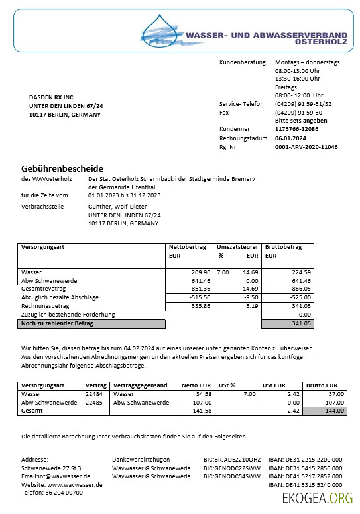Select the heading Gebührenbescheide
62,168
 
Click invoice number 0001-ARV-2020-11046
306,147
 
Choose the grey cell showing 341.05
288,324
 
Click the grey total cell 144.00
324,411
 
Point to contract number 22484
94,393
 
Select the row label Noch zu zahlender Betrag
58,324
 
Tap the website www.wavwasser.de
74,485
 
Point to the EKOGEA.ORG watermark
317,498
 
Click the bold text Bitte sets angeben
300,121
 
